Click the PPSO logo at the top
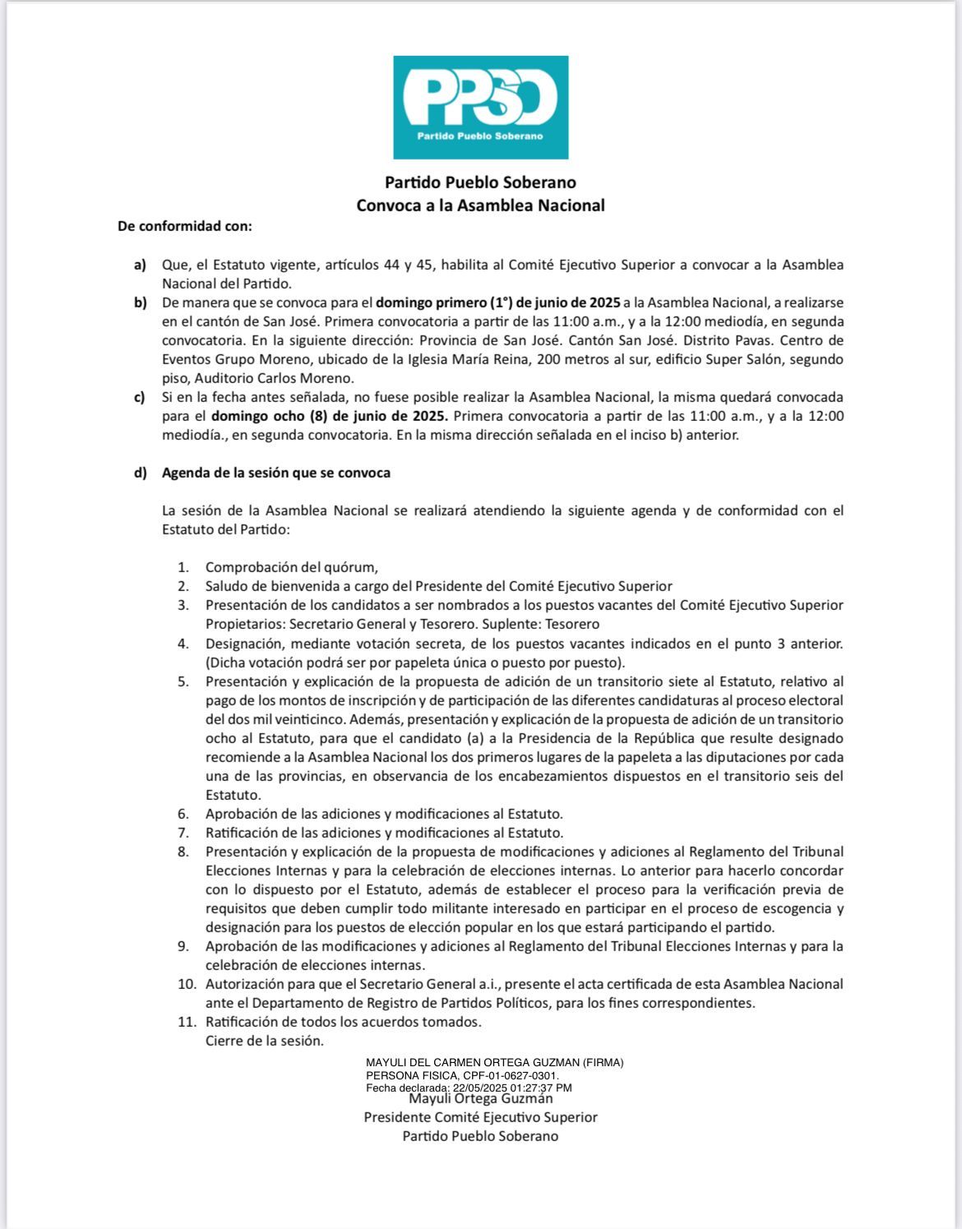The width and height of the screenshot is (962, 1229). (x=480, y=107)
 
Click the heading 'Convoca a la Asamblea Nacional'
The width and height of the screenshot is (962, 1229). (x=480, y=206)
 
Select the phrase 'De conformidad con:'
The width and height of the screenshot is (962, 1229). (x=185, y=225)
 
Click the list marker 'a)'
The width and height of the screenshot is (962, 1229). (x=140, y=265)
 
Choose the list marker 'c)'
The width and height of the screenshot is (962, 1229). (x=140, y=398)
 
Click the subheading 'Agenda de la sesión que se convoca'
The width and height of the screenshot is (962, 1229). (x=276, y=473)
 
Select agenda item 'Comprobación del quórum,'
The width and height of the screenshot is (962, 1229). (x=291, y=567)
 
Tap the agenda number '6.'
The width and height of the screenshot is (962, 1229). (x=183, y=814)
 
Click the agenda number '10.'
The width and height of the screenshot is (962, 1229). (x=187, y=984)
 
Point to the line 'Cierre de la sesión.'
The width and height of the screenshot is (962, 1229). (x=265, y=1041)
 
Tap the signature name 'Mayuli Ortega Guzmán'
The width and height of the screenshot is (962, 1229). (x=481, y=1098)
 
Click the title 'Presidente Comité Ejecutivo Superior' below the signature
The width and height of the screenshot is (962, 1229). (x=481, y=1117)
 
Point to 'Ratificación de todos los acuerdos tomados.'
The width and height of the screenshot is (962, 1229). (x=344, y=1022)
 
